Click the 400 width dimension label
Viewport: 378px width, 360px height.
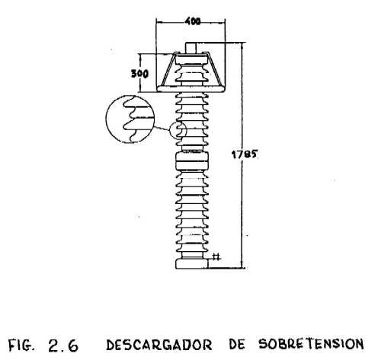coord(193,21)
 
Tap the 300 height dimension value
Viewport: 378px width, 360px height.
coord(139,74)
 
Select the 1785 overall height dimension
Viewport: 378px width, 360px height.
coord(245,155)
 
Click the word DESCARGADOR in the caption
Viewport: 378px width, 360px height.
coord(159,345)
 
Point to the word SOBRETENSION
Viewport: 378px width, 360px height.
coord(311,344)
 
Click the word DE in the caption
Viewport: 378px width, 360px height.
coord(237,345)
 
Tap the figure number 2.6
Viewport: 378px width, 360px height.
coord(63,346)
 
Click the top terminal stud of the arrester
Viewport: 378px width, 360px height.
coord(191,48)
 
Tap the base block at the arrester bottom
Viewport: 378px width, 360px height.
coord(192,264)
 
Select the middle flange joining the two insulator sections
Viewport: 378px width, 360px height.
coord(192,161)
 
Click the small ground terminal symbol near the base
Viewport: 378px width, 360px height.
coord(216,257)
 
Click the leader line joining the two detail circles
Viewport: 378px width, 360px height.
coord(162,128)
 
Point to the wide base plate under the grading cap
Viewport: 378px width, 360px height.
coord(191,88)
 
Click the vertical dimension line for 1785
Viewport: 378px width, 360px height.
coord(242,155)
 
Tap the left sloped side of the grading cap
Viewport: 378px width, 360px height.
coord(168,70)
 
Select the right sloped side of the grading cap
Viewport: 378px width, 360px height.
coord(215,69)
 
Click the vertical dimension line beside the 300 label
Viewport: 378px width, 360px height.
coord(139,73)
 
